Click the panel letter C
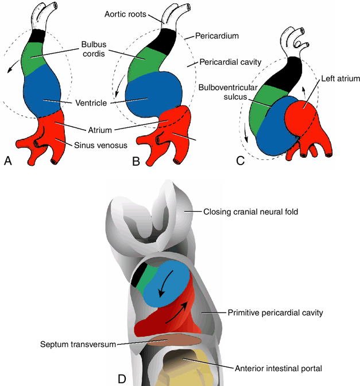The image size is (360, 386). pos(241,161)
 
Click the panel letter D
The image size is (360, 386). pos(122,379)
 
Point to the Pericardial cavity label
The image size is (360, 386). pos(230,61)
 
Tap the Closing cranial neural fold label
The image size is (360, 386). pos(251,212)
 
